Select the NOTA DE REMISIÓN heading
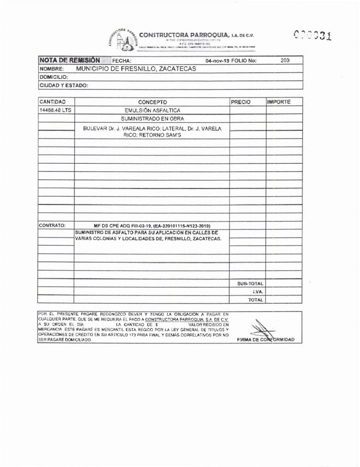(69, 60)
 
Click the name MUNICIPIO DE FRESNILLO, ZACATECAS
(136, 69)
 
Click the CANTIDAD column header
(53, 102)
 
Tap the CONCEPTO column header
(152, 102)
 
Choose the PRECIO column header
(241, 102)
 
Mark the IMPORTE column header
(279, 102)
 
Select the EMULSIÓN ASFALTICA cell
(152, 110)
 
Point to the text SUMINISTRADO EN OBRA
(152, 119)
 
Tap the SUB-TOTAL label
(250, 284)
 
